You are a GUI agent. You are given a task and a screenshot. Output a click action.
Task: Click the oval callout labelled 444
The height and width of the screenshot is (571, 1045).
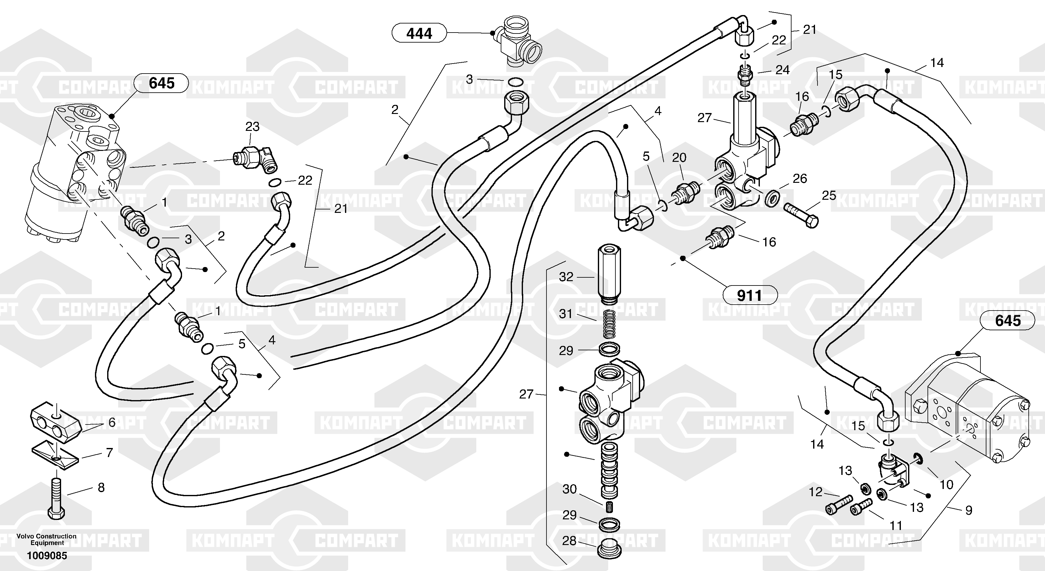click(419, 33)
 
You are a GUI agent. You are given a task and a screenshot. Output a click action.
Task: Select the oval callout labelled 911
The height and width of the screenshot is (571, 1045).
click(749, 296)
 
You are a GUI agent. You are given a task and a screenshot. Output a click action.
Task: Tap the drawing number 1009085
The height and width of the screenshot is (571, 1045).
click(47, 556)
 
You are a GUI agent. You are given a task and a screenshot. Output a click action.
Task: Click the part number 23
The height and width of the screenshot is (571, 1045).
click(252, 127)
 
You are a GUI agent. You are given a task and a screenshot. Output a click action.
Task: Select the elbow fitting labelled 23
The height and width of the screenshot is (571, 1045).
click(255, 159)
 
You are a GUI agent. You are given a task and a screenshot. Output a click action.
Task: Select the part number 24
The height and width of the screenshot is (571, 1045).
click(782, 70)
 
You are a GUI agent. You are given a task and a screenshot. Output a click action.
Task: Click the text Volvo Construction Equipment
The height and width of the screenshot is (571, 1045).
click(47, 539)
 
